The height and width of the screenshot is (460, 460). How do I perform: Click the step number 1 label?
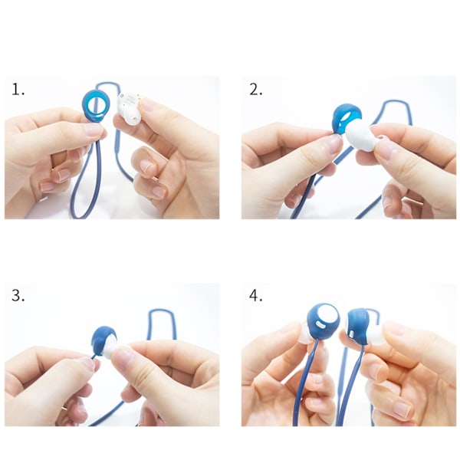(x=18, y=89)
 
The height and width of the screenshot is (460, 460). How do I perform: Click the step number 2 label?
(x=255, y=89)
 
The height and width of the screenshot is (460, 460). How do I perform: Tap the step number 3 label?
(x=18, y=295)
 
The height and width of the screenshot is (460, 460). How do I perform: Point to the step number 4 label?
(x=255, y=295)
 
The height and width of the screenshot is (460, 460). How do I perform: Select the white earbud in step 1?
(x=129, y=109)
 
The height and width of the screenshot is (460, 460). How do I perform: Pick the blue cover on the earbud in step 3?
(x=103, y=340)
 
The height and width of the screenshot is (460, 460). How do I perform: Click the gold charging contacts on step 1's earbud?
(x=137, y=97)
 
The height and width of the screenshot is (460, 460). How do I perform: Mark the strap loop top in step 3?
(x=161, y=310)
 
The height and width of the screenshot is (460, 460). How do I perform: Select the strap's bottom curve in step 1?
(x=82, y=216)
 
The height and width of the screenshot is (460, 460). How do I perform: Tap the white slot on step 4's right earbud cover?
(x=352, y=333)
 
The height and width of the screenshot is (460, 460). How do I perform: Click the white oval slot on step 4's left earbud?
(x=320, y=325)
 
